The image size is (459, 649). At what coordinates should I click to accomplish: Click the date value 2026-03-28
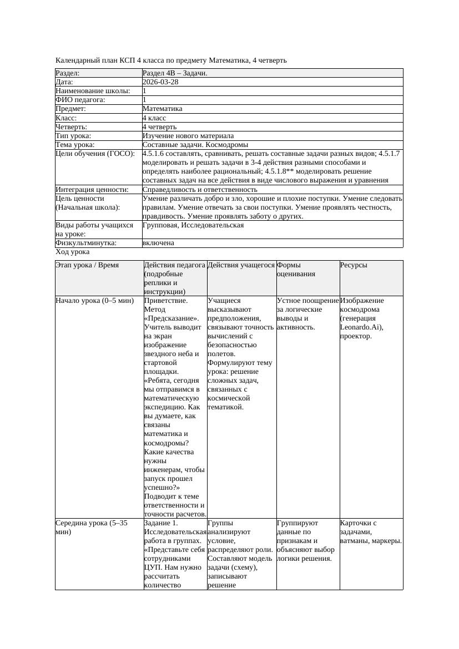coord(160,82)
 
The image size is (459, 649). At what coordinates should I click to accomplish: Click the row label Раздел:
coord(68,73)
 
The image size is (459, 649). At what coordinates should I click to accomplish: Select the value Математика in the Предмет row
coord(162,109)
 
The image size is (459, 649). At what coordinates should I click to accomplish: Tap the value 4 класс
coord(154,118)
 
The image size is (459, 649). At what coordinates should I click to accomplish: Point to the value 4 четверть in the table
coord(159,127)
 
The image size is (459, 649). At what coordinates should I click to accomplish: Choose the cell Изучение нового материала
coord(188,136)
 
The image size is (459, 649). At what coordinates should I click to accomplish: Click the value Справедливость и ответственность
coord(200,190)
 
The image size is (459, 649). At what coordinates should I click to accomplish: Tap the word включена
coord(158,243)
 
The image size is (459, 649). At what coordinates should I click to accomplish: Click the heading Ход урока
coord(72,252)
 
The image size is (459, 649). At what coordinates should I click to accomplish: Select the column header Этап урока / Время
coord(87,265)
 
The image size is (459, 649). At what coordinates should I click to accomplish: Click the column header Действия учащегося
coord(241,265)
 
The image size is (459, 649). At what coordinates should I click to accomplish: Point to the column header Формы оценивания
coord(296,270)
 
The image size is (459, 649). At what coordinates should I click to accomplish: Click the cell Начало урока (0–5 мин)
coord(94,301)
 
